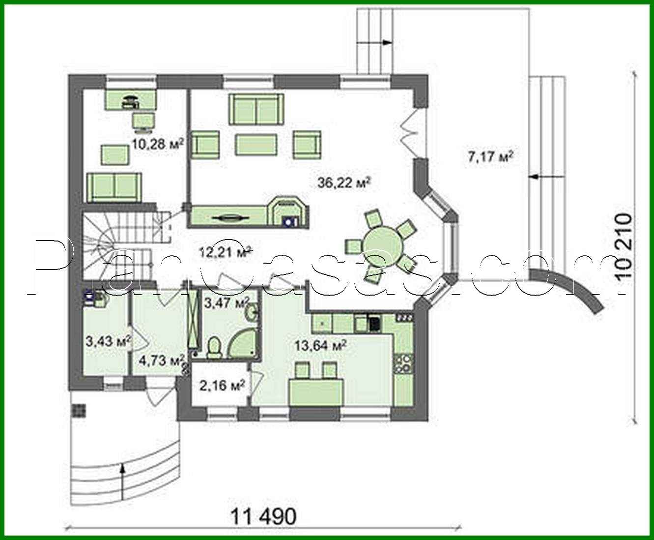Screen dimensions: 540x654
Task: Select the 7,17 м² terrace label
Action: (x=490, y=157)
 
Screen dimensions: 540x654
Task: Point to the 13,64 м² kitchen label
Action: (x=320, y=345)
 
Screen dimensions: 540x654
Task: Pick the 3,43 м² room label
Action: (x=108, y=341)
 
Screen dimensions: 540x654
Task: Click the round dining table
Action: (x=381, y=243)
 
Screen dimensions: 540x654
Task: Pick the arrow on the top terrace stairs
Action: (x=386, y=43)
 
